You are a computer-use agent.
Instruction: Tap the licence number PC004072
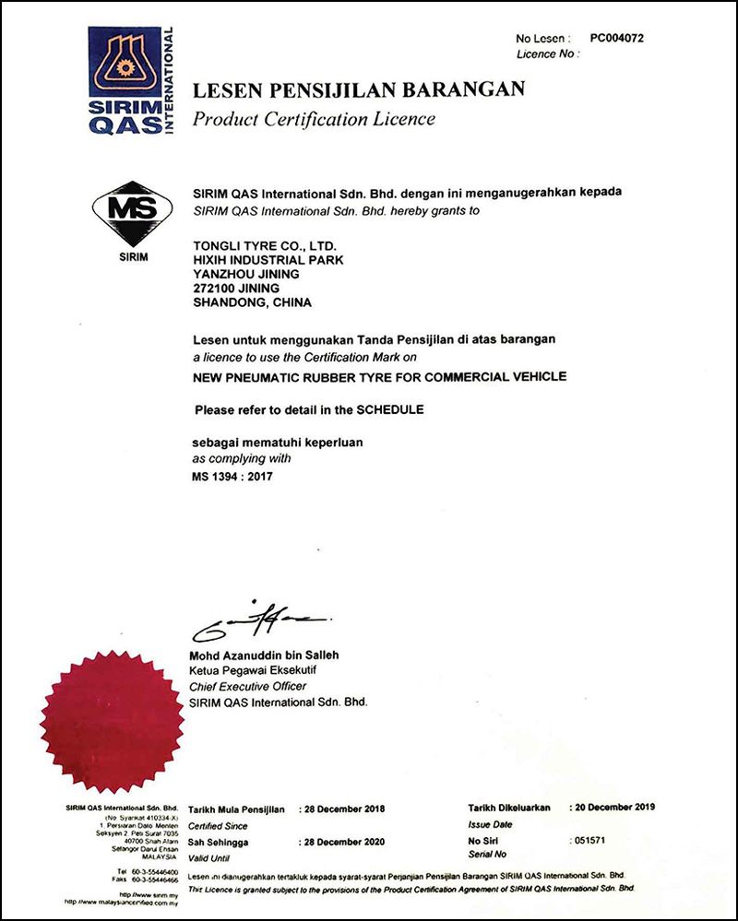click(x=616, y=39)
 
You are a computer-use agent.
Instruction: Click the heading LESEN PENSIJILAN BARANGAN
click(x=358, y=89)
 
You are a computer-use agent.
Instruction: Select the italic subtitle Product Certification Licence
click(x=313, y=119)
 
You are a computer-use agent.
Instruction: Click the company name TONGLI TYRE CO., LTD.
click(x=265, y=246)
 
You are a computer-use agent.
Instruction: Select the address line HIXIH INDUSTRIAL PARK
click(x=268, y=260)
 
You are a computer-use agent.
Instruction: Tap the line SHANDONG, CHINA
click(x=253, y=302)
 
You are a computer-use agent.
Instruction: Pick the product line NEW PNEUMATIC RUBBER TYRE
click(x=379, y=376)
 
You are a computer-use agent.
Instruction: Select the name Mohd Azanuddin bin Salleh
click(x=264, y=655)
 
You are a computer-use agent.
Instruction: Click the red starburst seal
click(x=112, y=722)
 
